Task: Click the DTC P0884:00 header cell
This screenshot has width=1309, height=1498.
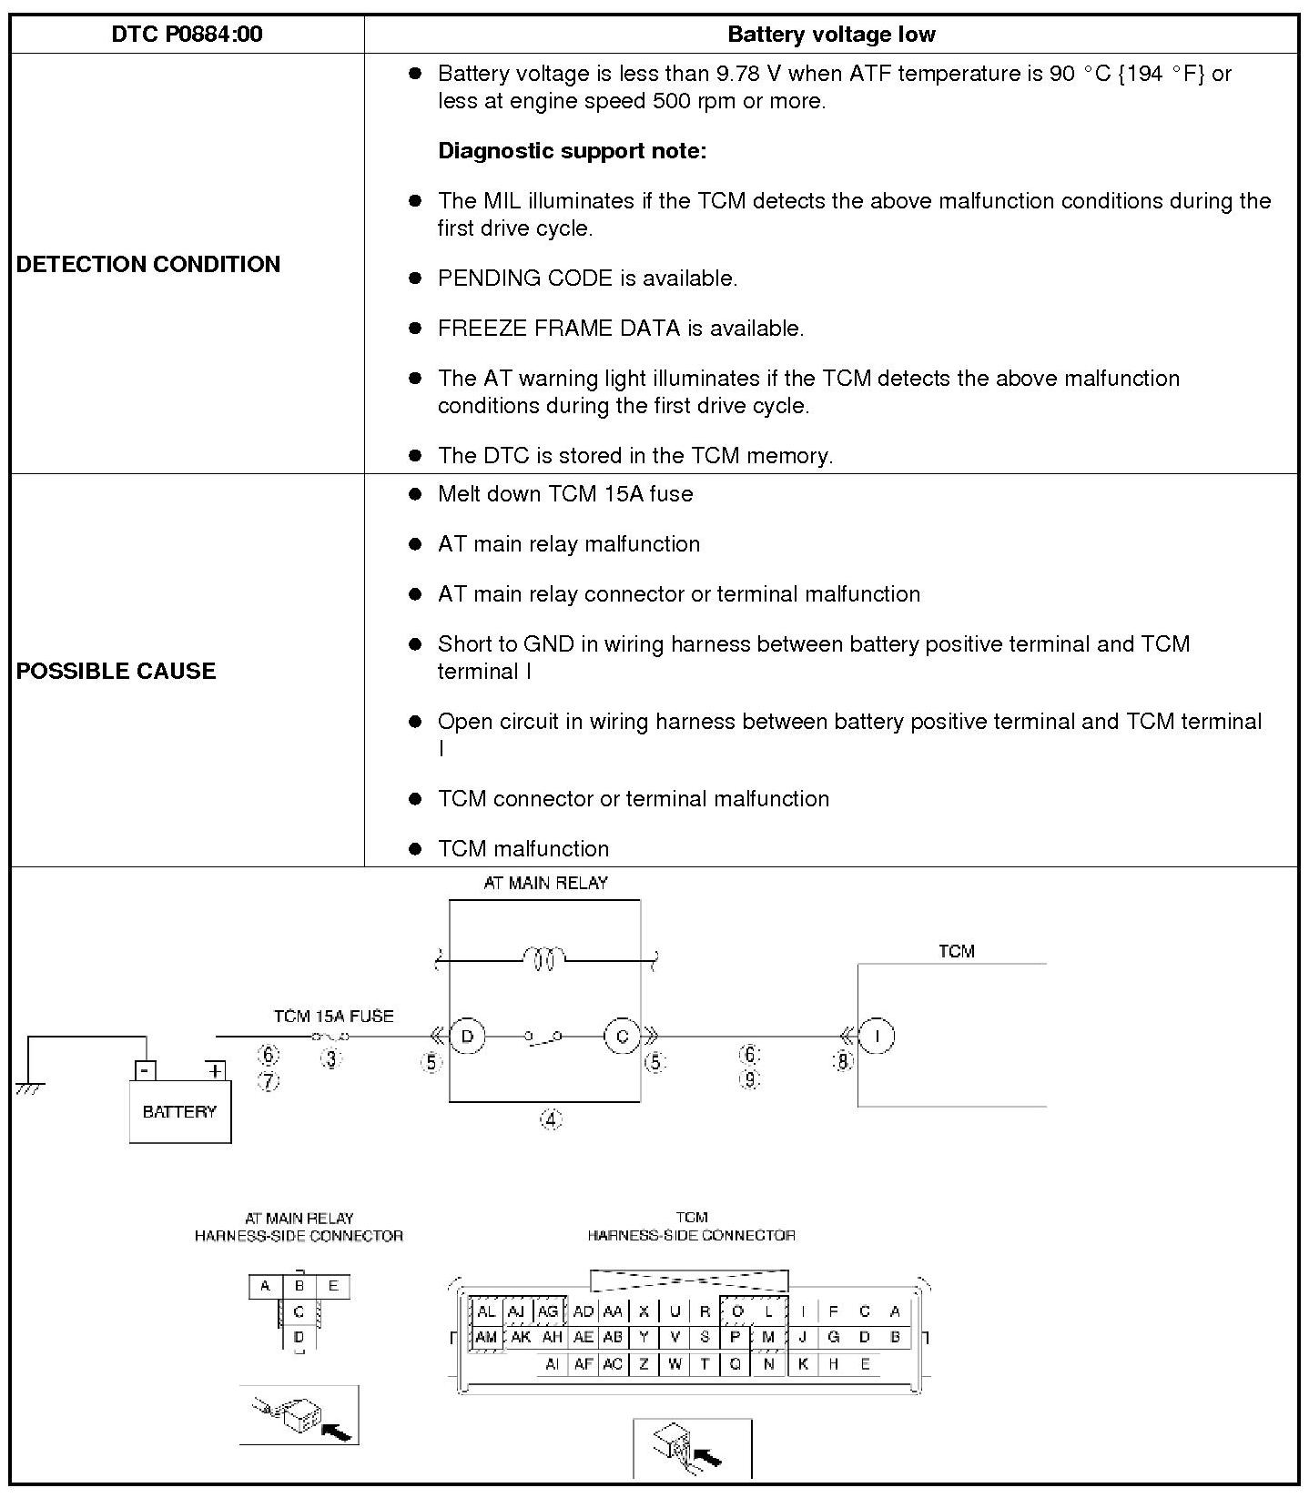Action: pos(187,35)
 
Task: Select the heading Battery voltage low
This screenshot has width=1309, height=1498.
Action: pos(831,35)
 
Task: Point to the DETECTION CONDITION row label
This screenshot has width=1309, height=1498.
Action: pos(148,264)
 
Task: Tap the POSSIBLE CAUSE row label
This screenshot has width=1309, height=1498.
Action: pos(117,671)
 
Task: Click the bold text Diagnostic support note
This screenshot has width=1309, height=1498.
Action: pos(572,150)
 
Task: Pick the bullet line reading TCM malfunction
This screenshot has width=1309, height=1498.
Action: pos(523,848)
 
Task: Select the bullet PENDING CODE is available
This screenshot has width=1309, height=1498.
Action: pos(587,278)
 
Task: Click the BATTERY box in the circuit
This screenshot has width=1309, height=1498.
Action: pos(179,1110)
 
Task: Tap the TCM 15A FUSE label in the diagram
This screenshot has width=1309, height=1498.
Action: pos(333,1016)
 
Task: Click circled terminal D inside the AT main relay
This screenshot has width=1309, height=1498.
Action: pos(468,1036)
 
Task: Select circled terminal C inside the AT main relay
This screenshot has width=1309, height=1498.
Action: pos(623,1036)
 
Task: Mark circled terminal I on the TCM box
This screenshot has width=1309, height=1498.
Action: pos(877,1036)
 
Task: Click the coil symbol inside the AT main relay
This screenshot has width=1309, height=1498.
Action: pos(543,958)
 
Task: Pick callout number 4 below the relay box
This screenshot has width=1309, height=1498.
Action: pos(551,1119)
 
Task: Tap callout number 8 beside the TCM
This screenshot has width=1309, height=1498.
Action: pos(843,1061)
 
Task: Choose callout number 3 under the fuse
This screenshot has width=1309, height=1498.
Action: pos(331,1059)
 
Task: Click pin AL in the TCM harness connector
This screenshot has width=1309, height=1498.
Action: pos(486,1311)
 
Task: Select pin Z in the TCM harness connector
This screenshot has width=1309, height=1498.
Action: pos(644,1363)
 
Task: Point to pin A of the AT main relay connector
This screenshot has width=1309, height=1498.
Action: pos(265,1286)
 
